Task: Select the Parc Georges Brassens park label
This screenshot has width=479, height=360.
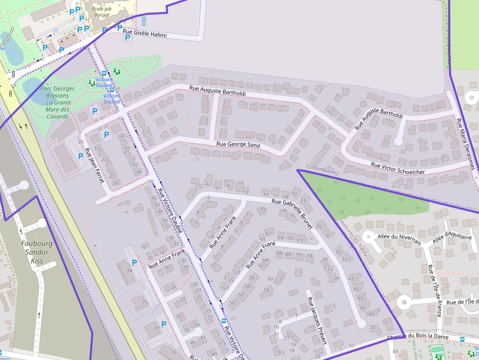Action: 57,103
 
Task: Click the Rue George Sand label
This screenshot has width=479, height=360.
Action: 238,145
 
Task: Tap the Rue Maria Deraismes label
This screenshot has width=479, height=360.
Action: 465,144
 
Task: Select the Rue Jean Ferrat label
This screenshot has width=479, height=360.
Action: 94,166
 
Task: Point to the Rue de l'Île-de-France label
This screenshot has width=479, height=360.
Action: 435,290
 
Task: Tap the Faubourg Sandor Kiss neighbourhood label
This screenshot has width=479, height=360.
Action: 37,252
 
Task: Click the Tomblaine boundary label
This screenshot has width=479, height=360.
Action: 324,171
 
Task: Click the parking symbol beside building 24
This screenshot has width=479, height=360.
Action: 134,262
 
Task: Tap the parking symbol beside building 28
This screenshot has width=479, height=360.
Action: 163,324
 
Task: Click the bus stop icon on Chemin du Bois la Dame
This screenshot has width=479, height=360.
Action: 462,339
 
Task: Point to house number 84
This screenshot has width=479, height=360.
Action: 395,351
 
